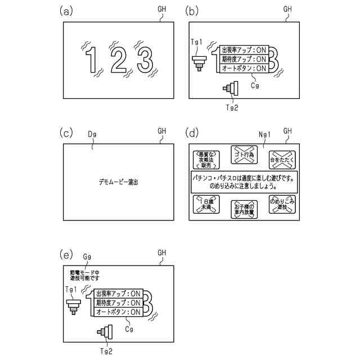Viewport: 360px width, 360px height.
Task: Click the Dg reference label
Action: tap(92, 135)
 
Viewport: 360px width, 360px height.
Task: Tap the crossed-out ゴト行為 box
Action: tap(244, 154)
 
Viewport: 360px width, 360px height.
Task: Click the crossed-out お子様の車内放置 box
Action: tap(244, 209)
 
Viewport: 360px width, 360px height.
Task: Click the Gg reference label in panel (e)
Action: tap(87, 256)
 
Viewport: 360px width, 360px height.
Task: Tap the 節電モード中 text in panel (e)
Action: tap(81, 271)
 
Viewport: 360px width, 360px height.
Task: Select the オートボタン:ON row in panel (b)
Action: tap(245, 68)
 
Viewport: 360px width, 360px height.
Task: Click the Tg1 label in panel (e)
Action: tap(71, 289)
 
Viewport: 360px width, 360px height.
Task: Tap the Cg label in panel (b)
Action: tap(255, 85)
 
